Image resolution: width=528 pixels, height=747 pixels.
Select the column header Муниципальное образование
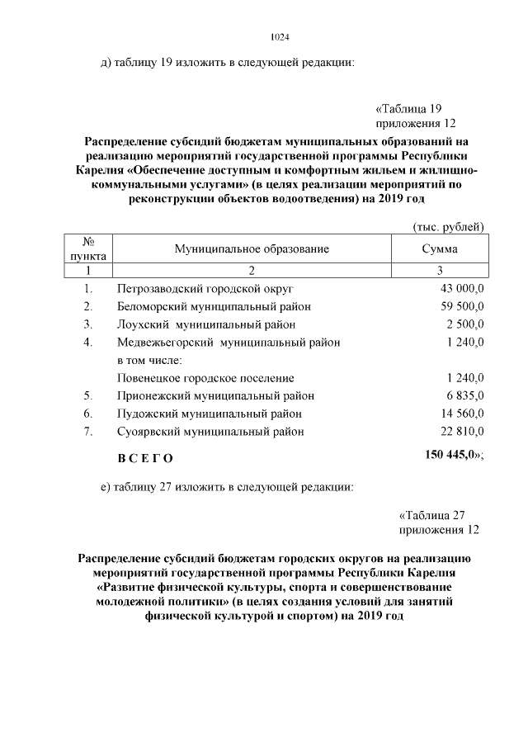[x=252, y=248]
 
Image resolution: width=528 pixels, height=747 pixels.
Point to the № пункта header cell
[x=87, y=248]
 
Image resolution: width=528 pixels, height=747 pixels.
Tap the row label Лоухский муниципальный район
[x=205, y=324]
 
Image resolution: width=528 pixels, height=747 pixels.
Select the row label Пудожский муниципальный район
[x=209, y=414]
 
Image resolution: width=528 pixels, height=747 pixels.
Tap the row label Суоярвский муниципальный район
[x=210, y=431]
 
